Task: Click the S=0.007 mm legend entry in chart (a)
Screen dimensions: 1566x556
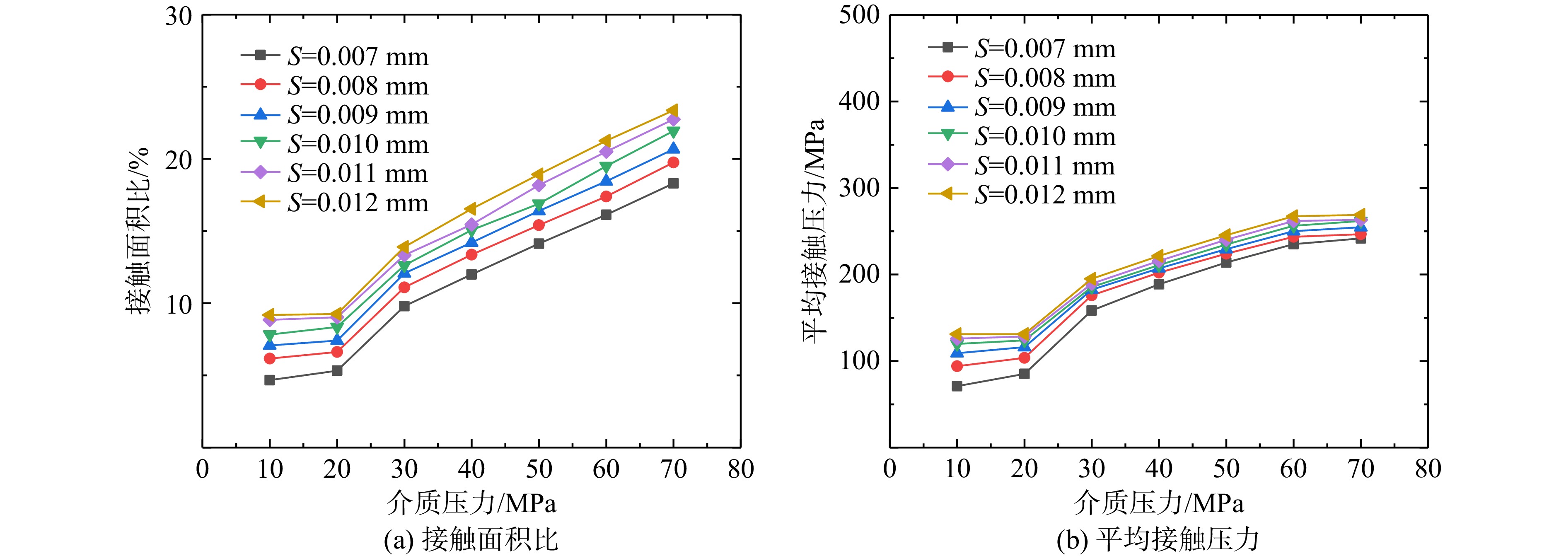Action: tap(334, 56)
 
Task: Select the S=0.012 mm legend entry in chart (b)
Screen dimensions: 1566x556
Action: tap(1022, 194)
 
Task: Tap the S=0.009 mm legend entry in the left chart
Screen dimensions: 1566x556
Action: tap(334, 115)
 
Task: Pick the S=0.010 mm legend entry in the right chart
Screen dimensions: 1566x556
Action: tap(1022, 136)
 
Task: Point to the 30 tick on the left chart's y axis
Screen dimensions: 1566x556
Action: tap(179, 16)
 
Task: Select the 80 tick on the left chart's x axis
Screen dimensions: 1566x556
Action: tap(740, 469)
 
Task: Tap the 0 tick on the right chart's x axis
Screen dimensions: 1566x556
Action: tap(889, 469)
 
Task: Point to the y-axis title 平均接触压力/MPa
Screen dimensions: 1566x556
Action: tap(814, 231)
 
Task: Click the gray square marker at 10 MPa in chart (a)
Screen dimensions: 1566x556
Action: tap(269, 380)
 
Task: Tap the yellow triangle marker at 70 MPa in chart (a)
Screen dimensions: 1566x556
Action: tap(672, 111)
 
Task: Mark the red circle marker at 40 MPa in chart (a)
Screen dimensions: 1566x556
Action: tap(471, 255)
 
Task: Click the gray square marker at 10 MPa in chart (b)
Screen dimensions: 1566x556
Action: tap(957, 386)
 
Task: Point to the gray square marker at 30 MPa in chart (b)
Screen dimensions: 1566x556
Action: tap(1091, 310)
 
